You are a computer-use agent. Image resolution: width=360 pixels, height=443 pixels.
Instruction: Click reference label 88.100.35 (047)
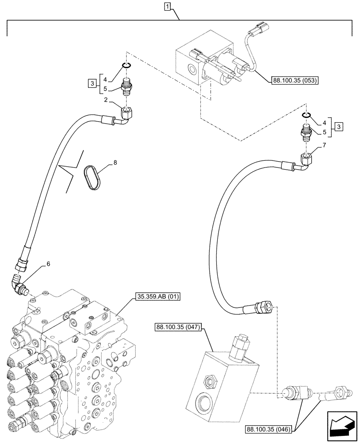tap(178, 328)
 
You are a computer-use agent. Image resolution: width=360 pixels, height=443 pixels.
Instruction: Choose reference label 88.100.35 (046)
tap(267, 429)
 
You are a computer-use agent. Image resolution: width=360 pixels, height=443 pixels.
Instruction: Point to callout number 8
tap(115, 163)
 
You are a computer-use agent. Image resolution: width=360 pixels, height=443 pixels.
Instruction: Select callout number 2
tap(106, 101)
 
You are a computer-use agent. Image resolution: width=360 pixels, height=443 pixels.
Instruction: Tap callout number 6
tap(48, 264)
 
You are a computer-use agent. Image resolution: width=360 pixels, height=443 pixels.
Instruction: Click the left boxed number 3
tap(91, 84)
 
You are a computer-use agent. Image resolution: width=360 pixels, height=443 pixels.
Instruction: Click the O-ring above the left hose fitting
tap(126, 66)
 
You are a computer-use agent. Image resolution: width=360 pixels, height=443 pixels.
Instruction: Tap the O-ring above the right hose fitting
tap(306, 115)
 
